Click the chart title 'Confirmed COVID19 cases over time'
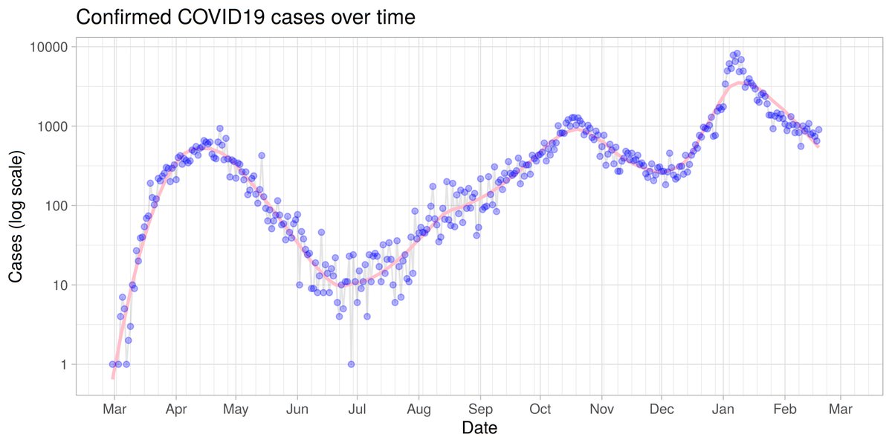pos(245,18)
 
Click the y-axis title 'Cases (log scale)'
pos(16,216)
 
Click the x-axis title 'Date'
pos(479,428)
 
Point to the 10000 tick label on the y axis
pos(48,47)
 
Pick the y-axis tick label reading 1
pos(64,364)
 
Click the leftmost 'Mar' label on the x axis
pos(113,409)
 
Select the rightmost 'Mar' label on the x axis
pos(840,409)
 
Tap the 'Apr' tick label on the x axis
pos(176,409)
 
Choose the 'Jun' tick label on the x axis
pos(297,409)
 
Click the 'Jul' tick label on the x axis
pos(358,409)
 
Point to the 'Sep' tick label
pos(481,409)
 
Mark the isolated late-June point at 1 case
pos(351,364)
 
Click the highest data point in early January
pos(737,54)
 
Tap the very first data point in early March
pos(112,364)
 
